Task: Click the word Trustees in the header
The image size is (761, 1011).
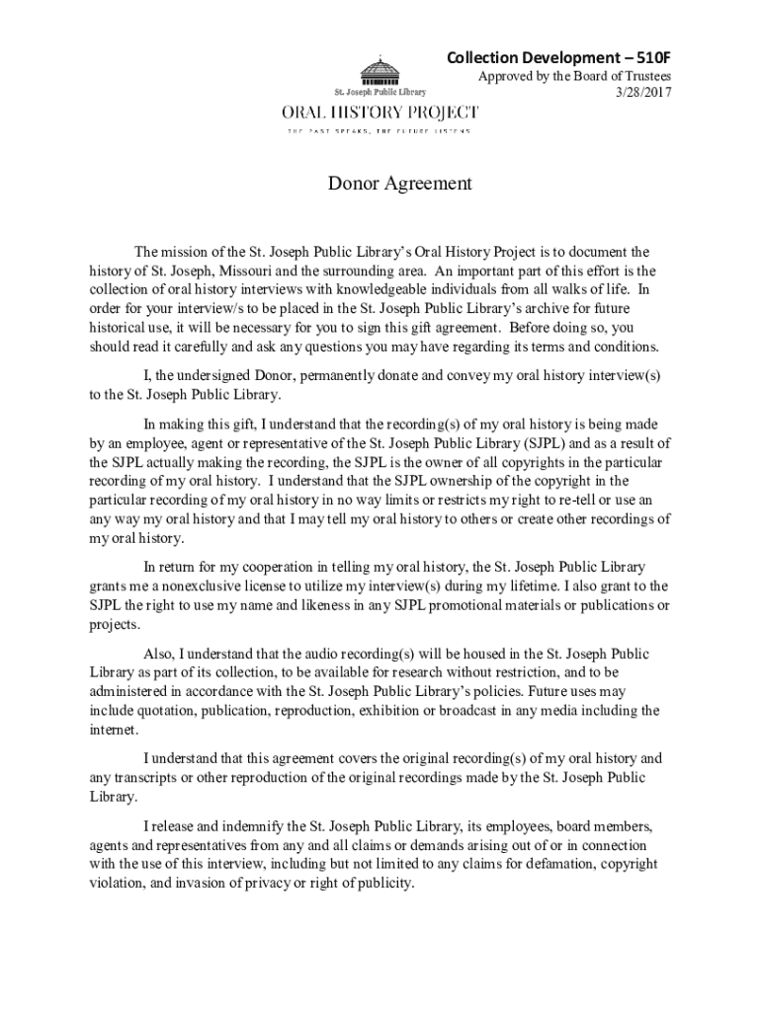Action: (x=643, y=76)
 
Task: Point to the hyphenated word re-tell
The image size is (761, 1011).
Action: (x=573, y=501)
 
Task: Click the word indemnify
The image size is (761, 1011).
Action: (x=238, y=825)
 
